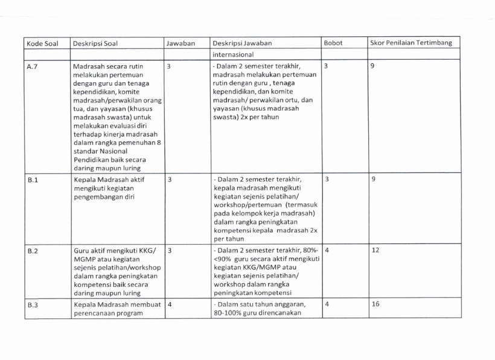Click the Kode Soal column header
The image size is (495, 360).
[40, 43]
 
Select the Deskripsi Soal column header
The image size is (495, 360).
[96, 43]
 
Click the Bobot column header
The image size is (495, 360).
[333, 43]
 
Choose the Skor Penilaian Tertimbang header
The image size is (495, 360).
[410, 43]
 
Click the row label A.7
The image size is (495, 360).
[33, 67]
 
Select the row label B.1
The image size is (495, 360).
[33, 180]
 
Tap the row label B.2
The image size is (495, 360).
[33, 249]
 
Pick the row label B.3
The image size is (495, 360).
[33, 305]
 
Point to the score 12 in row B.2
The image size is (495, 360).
[375, 249]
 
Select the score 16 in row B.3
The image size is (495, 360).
[375, 304]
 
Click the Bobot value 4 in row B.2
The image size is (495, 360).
[327, 249]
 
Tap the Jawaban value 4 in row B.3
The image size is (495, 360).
[170, 304]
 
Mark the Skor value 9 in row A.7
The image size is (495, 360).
[373, 66]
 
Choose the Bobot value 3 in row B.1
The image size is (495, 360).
[327, 179]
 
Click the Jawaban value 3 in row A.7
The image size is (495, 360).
[170, 66]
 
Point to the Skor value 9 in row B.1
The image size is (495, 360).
[373, 179]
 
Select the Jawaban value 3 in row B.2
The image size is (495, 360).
[170, 249]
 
